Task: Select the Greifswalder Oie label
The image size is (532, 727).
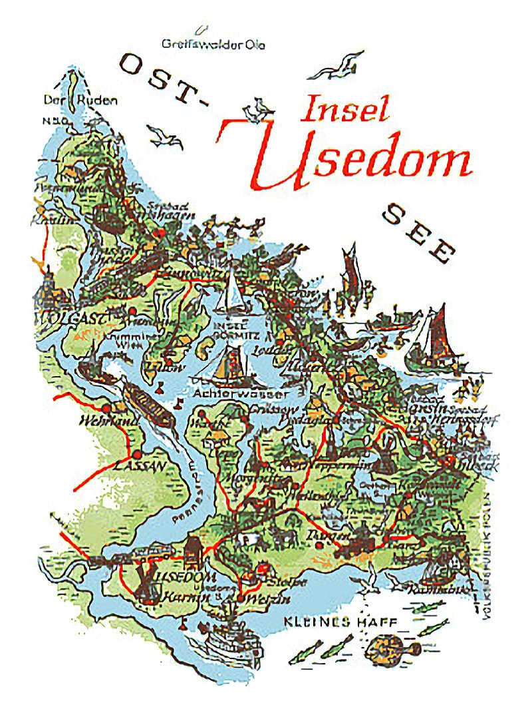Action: tap(213, 45)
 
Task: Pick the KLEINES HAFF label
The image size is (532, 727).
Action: tap(340, 622)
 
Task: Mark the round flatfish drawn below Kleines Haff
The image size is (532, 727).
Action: tap(389, 646)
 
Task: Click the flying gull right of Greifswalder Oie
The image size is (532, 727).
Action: tap(339, 63)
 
